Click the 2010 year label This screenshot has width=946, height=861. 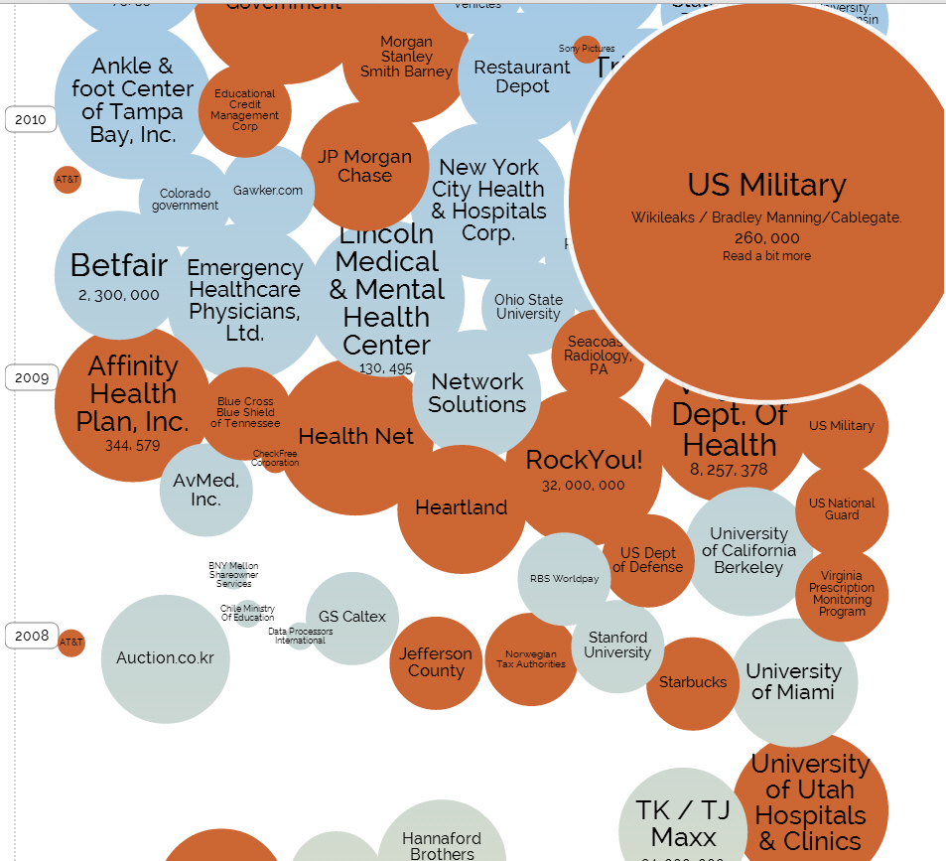tap(31, 120)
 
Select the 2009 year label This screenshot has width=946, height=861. tap(32, 377)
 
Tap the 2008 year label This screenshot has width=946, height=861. tap(32, 636)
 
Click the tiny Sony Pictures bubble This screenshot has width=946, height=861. tap(587, 49)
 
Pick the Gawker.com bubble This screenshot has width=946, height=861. tap(268, 191)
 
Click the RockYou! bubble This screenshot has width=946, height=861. tap(584, 467)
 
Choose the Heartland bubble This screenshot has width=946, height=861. tap(461, 508)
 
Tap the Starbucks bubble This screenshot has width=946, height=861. tap(693, 682)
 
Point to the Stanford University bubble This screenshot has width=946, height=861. tap(617, 646)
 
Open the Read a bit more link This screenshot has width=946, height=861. tap(766, 256)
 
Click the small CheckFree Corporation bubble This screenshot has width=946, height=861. tap(275, 458)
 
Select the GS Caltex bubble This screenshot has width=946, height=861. tap(351, 617)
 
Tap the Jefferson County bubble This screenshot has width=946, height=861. tap(436, 662)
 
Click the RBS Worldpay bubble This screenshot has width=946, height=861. tap(564, 579)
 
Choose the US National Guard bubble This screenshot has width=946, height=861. tap(842, 509)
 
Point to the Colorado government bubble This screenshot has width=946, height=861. tap(185, 199)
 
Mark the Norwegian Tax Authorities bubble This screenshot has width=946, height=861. tap(531, 659)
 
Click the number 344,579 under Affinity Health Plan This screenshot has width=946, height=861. tap(132, 446)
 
